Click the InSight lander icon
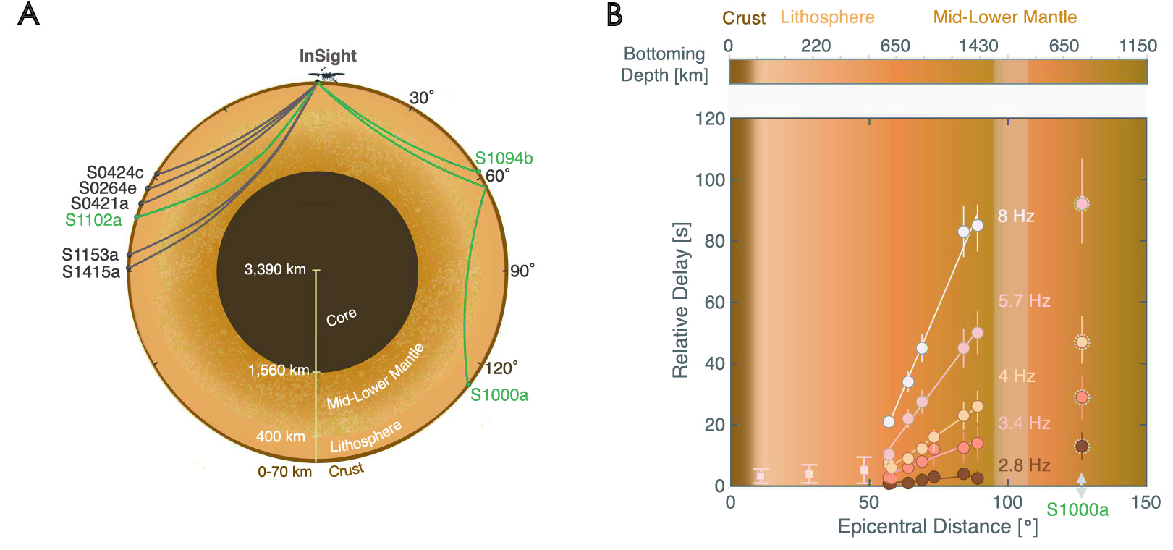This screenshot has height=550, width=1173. (x=326, y=75)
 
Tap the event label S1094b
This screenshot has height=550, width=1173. (x=504, y=158)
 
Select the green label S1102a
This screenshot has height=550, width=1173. (x=93, y=220)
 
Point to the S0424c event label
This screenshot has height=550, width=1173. (x=115, y=172)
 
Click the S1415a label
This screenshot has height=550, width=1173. (x=91, y=272)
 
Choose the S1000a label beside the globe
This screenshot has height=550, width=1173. (x=499, y=395)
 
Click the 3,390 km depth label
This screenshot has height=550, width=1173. (x=275, y=270)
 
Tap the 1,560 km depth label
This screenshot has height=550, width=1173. (x=279, y=371)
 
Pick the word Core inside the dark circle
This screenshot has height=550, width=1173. (x=341, y=317)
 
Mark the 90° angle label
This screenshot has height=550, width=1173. (x=522, y=271)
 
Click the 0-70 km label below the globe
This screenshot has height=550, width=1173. (x=284, y=472)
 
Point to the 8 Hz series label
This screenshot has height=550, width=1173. (x=1016, y=216)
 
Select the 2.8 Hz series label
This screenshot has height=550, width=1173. (x=1024, y=465)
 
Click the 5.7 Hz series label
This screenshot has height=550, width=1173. (x=1024, y=301)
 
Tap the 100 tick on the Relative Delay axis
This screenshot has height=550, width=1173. (x=710, y=180)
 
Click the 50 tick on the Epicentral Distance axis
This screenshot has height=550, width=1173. (x=868, y=503)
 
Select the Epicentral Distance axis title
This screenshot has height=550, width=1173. (x=937, y=527)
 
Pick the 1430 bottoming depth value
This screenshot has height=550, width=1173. (x=978, y=46)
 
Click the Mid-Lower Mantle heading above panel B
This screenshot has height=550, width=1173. (x=1004, y=17)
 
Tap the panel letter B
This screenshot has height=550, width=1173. (x=614, y=15)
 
